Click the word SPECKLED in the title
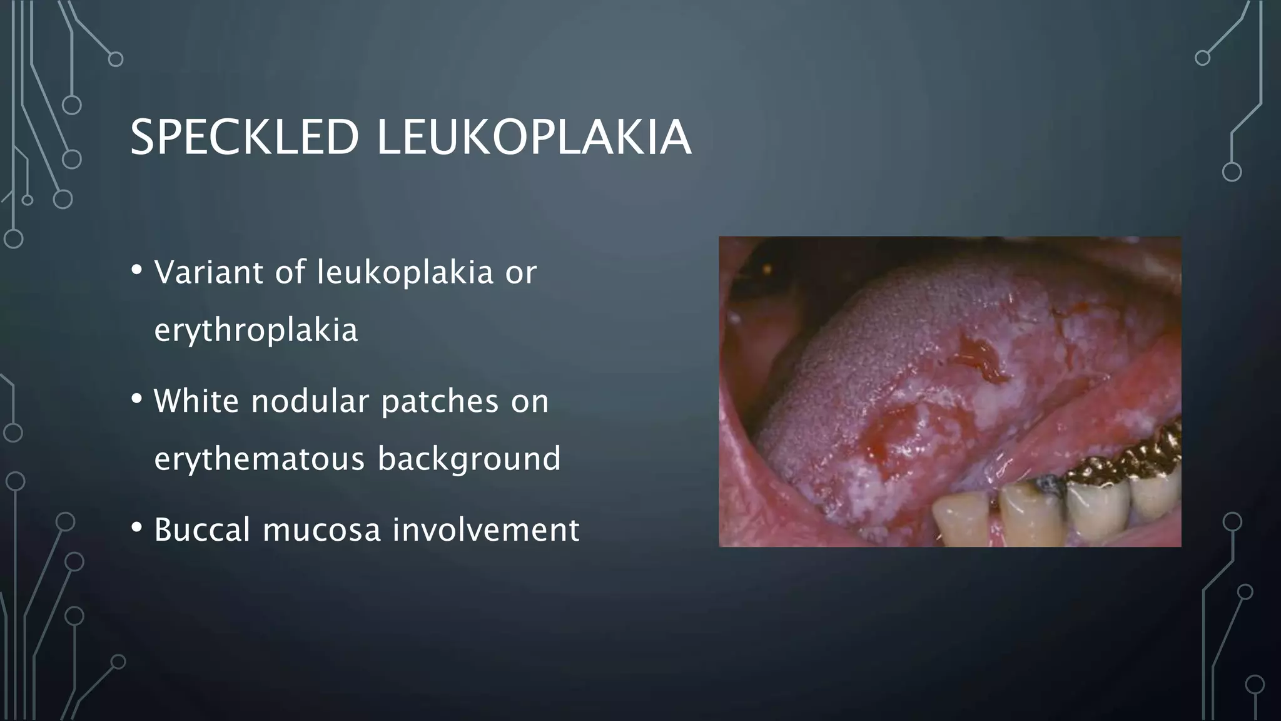coord(244,138)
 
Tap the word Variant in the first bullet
coord(208,272)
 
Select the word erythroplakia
coord(256,330)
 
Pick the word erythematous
coord(260,459)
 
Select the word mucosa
coord(322,530)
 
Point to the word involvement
coord(486,530)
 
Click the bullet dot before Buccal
coord(137,527)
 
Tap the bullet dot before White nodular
coord(137,399)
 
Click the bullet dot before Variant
coord(137,270)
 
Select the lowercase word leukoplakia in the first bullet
coord(405,272)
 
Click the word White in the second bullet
coord(196,401)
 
